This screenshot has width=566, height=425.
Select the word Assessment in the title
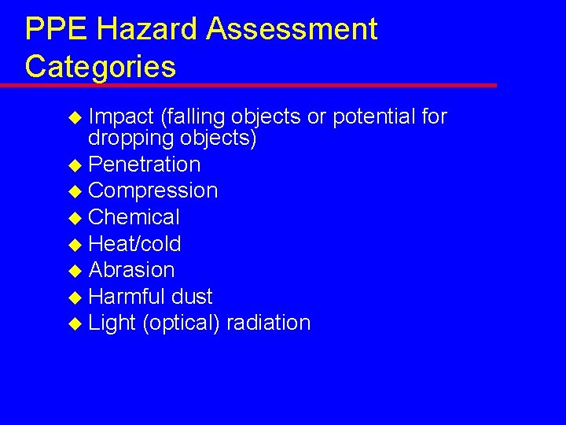[x=292, y=30]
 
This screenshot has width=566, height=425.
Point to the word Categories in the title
[x=100, y=66]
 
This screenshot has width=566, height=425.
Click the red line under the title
[x=259, y=85]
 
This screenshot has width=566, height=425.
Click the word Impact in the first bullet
[x=121, y=117]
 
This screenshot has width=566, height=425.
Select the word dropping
[x=133, y=139]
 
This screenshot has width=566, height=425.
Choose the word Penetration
[x=145, y=164]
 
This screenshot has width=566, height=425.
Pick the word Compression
[x=153, y=190]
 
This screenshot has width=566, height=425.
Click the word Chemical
[x=134, y=217]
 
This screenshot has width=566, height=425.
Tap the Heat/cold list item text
[x=135, y=244]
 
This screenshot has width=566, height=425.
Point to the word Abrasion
[x=132, y=270]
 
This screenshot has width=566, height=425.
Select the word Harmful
[x=126, y=297]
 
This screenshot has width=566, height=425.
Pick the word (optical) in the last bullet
[x=180, y=323]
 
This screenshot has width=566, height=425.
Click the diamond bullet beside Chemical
[x=75, y=218]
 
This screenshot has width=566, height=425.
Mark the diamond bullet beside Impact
[x=75, y=118]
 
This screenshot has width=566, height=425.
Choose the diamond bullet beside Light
[x=75, y=323]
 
